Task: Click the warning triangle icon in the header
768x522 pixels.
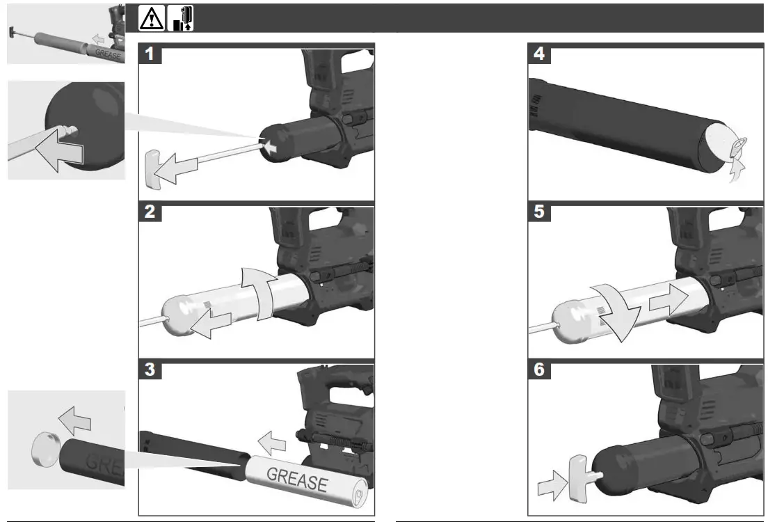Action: click(x=152, y=19)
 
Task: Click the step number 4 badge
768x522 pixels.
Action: click(x=540, y=54)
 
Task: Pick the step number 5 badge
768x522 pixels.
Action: click(x=540, y=213)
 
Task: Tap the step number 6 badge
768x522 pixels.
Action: click(x=540, y=370)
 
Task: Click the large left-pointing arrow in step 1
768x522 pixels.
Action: click(x=177, y=168)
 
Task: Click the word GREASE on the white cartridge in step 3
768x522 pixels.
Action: click(x=297, y=480)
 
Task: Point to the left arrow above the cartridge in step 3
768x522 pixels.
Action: click(x=272, y=440)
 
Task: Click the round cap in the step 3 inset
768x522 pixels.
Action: click(x=45, y=450)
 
